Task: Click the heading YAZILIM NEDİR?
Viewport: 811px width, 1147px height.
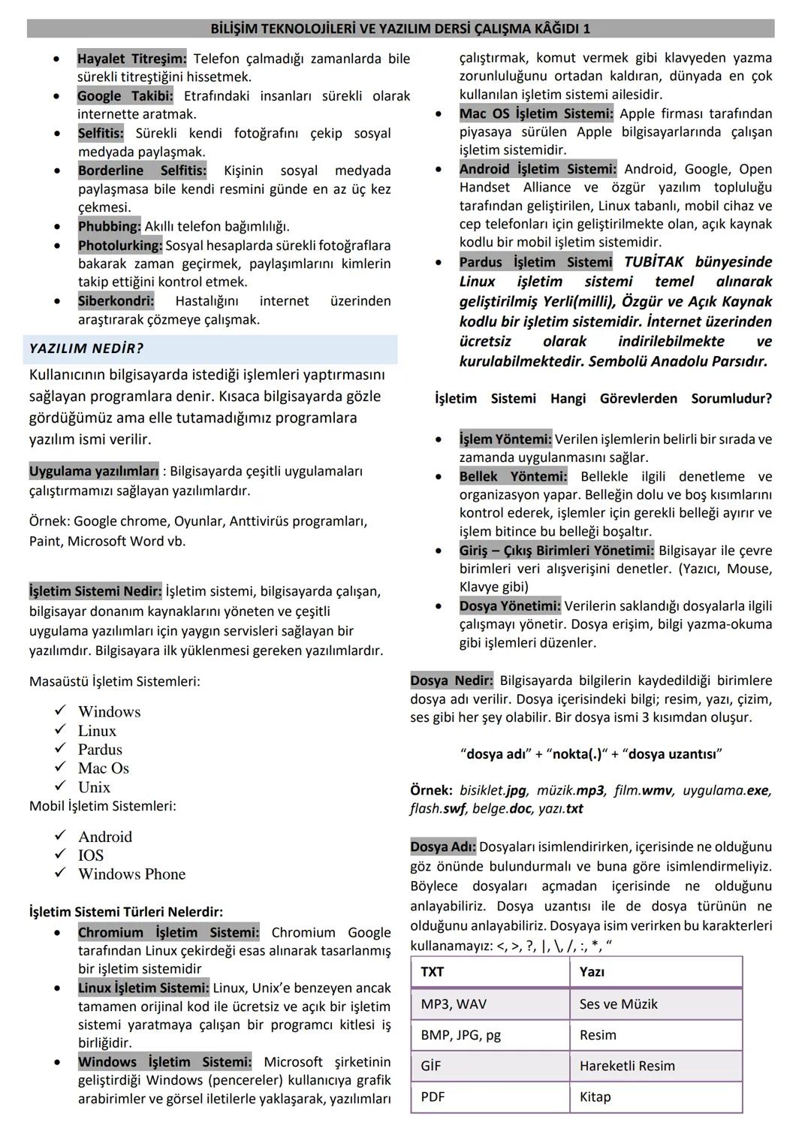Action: pos(86,349)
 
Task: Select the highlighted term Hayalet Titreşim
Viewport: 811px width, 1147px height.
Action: pos(131,59)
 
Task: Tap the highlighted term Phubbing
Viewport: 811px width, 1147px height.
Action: pos(109,226)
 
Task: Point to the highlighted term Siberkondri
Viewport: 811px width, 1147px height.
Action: pos(116,301)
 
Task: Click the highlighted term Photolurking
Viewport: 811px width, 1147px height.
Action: pos(120,245)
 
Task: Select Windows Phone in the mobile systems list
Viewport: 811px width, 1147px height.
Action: pos(131,874)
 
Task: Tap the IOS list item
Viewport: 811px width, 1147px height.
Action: pos(91,855)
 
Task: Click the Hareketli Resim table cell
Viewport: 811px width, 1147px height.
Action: pos(627,1066)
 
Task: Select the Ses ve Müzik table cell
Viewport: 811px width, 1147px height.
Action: pos(618,1004)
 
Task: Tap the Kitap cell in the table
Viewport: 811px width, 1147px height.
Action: pos(595,1097)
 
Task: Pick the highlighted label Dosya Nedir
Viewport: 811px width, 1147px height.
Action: pos(451,681)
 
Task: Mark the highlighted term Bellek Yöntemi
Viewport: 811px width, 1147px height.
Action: pos(513,476)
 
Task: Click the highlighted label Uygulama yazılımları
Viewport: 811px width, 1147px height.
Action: pos(94,472)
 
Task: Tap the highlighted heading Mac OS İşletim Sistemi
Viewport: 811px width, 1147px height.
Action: pos(536,113)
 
